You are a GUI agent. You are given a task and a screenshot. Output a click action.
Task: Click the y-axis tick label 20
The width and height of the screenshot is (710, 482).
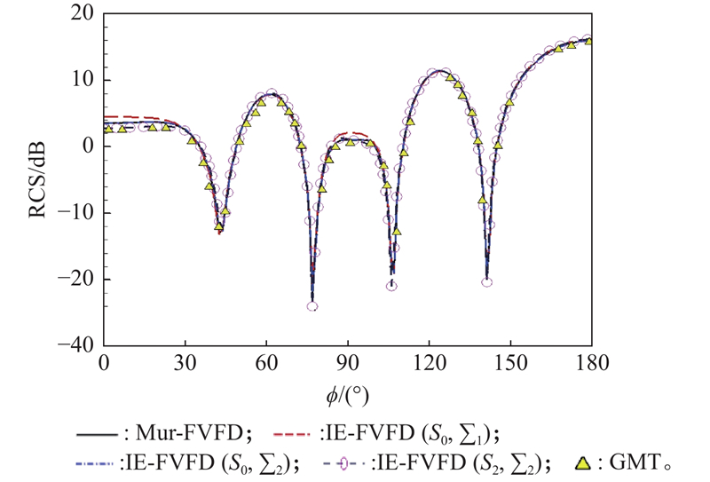tap(85, 14)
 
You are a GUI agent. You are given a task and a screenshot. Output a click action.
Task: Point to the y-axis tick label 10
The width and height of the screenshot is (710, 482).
tap(85, 80)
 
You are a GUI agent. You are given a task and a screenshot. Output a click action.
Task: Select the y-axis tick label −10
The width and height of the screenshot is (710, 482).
tap(78, 213)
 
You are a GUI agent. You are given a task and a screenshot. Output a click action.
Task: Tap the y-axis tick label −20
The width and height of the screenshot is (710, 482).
tap(78, 279)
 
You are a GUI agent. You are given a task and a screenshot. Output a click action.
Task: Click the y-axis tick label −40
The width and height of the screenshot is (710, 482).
tap(78, 344)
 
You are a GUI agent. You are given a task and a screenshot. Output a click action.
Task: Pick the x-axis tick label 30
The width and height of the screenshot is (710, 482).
tap(185, 362)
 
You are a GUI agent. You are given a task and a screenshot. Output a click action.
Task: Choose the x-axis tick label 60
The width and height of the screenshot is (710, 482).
tap(267, 362)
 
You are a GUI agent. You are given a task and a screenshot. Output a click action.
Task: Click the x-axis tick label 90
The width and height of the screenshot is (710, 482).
tap(348, 362)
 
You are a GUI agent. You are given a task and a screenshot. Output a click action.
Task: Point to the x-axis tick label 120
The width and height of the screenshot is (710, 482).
tap(430, 362)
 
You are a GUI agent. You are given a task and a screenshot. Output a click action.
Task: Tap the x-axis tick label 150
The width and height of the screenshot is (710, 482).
tap(510, 362)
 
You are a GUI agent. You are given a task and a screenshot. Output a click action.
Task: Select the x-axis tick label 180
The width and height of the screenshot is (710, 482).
tap(591, 362)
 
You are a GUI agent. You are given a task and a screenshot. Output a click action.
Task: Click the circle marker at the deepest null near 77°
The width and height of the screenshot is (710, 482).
tap(312, 306)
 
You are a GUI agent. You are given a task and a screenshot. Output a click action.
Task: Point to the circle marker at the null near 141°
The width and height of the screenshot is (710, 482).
tap(487, 282)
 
